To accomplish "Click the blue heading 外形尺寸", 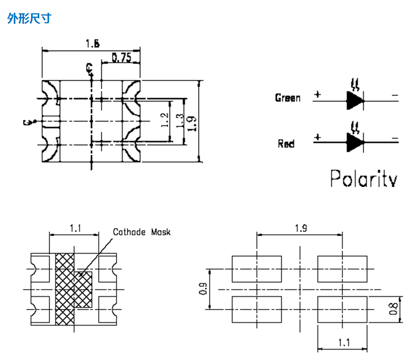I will click(x=29, y=19).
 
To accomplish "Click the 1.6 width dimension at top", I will click(x=92, y=43).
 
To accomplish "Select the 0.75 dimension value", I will click(x=121, y=57).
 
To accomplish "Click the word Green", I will click(x=287, y=98).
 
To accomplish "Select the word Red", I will click(x=286, y=144).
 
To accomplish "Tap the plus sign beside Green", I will click(x=317, y=94).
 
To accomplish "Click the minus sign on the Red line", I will click(x=394, y=138).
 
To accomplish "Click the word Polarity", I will click(x=363, y=179).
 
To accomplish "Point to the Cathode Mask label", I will click(x=141, y=232).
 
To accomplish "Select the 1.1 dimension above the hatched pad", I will click(x=75, y=227).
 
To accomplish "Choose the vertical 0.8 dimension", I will click(x=393, y=309).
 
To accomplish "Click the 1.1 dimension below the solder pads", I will click(x=343, y=343).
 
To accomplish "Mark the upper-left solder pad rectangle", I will click(x=257, y=268).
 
